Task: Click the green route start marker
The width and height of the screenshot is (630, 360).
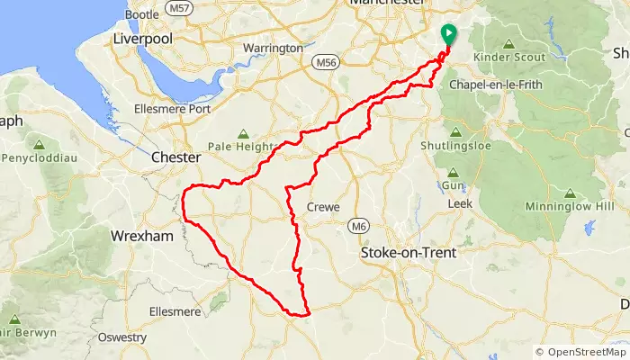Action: click(x=448, y=33)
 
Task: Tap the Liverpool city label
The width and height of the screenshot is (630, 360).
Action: click(x=141, y=40)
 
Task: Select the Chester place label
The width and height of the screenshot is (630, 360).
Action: click(x=175, y=157)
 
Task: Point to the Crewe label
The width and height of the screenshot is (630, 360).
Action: click(x=324, y=206)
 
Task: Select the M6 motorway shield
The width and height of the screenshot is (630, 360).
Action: click(x=359, y=225)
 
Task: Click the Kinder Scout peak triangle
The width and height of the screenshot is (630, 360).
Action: click(x=508, y=43)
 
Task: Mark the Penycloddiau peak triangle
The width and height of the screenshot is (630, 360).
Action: click(x=39, y=143)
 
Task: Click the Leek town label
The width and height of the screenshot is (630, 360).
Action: click(x=460, y=203)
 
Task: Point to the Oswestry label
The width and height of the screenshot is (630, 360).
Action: click(x=122, y=337)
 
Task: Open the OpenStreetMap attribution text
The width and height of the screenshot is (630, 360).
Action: click(x=580, y=352)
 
